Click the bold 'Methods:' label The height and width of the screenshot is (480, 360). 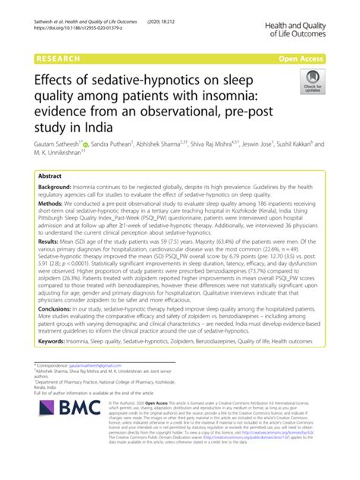click(x=52, y=204)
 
